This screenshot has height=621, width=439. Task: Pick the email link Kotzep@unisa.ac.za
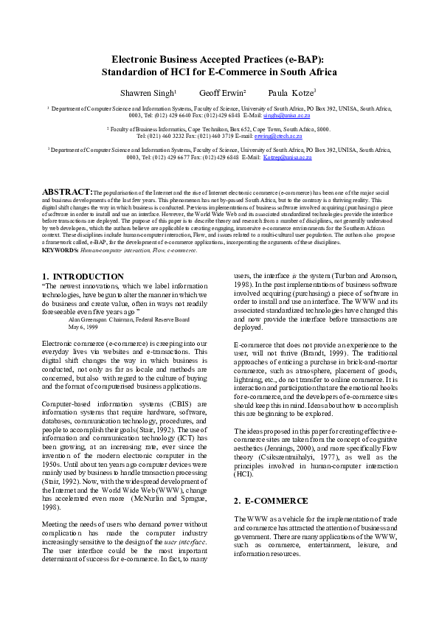tap(287, 157)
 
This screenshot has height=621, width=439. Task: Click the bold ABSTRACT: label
tap(67, 190)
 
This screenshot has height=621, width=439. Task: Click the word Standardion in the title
tap(131, 72)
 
